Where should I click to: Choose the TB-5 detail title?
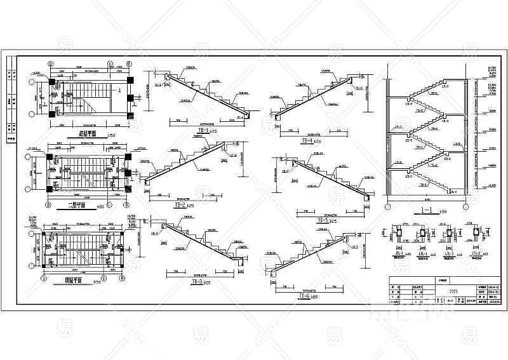(x=322, y=220)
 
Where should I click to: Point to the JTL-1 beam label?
(x=401, y=253)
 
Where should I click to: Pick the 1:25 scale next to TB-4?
(x=317, y=142)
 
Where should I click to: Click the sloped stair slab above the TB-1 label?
(x=203, y=95)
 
